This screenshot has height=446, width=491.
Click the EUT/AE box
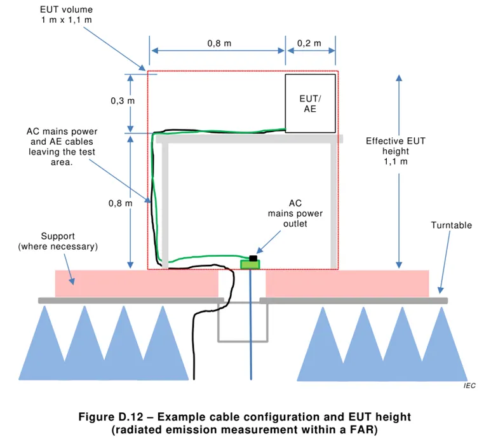(x=310, y=103)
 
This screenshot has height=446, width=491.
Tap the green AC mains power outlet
(x=250, y=264)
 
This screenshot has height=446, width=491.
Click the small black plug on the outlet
(x=253, y=258)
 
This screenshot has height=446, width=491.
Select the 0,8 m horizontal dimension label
(x=219, y=44)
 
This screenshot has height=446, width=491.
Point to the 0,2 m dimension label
(x=309, y=44)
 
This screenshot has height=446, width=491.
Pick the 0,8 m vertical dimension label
(x=119, y=203)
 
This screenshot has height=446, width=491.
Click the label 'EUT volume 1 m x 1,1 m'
(x=66, y=15)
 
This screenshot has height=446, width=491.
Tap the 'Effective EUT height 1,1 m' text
(x=395, y=151)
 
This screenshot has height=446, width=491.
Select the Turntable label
(x=451, y=226)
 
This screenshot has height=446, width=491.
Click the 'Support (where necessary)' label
(x=58, y=241)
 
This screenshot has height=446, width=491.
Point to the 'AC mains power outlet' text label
(x=295, y=213)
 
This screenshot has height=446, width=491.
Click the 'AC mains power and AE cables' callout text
(x=62, y=147)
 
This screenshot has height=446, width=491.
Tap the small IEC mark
(x=469, y=386)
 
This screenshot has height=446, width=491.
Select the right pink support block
(x=347, y=283)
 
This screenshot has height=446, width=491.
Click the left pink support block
(x=136, y=283)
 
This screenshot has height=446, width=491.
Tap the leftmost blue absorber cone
(x=44, y=346)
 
